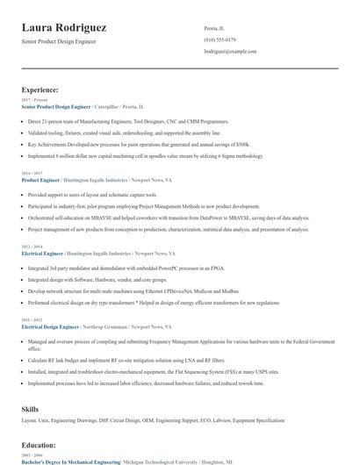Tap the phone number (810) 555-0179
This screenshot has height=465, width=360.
tap(220, 39)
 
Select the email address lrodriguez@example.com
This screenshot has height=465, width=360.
tap(230, 52)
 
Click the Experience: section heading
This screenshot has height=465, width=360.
tap(40, 89)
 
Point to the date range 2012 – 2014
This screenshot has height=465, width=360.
tap(32, 247)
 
